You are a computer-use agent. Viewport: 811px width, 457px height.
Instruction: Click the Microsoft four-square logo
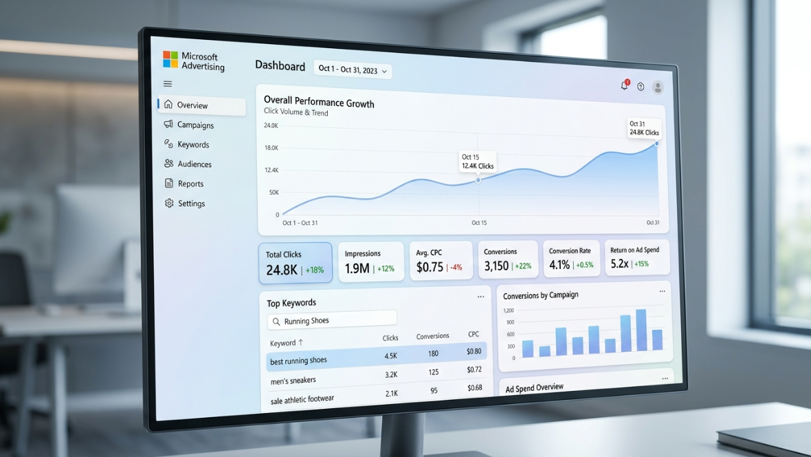(170, 59)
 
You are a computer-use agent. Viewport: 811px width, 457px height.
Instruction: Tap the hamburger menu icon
(168, 83)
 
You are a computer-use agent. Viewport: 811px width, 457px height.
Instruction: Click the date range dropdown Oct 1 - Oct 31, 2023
(352, 70)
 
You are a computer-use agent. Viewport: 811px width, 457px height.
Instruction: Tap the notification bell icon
(625, 85)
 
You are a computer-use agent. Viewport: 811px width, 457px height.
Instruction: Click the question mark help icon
(641, 87)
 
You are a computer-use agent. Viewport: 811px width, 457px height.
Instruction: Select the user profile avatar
(658, 87)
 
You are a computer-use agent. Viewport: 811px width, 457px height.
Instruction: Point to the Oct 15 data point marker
(478, 180)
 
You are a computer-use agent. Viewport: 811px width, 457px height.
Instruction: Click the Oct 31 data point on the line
(657, 144)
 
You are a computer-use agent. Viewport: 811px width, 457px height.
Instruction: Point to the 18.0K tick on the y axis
(271, 148)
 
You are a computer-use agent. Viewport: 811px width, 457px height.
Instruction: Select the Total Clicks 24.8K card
(296, 263)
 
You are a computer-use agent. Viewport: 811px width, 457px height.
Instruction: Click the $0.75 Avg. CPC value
(430, 267)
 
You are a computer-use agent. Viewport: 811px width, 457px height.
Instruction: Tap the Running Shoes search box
(332, 321)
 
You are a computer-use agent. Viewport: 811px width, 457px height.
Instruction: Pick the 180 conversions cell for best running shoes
(433, 353)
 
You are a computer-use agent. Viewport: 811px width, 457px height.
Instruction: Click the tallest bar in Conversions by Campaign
(641, 330)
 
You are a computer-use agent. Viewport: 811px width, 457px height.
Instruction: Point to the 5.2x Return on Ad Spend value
(619, 264)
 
